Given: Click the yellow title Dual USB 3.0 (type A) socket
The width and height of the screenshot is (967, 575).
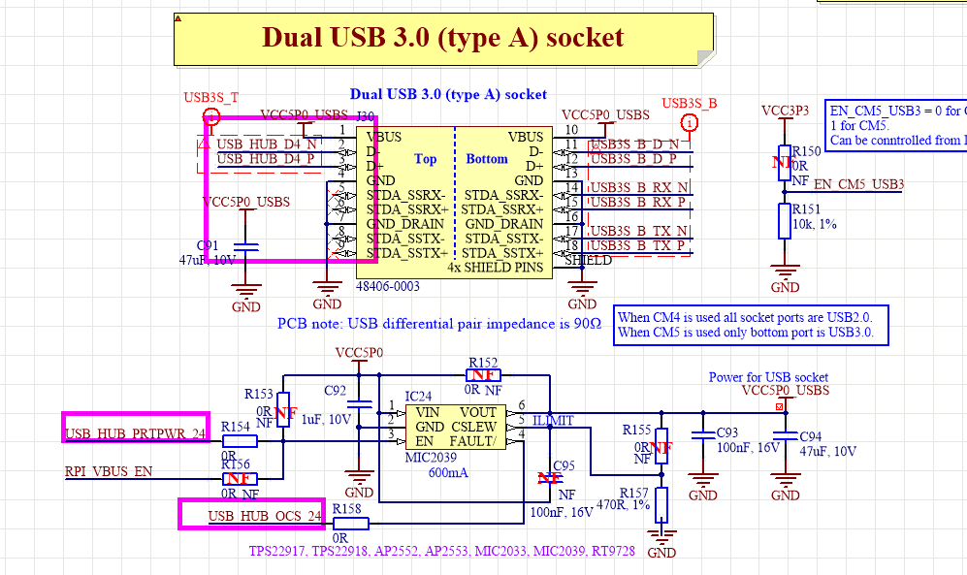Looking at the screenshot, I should click(442, 38).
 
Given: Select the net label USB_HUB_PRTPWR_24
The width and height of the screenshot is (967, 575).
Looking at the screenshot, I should click(136, 432).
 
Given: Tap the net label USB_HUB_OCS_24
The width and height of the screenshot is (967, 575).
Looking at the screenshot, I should click(264, 517).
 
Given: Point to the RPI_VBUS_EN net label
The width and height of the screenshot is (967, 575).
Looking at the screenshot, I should click(109, 472).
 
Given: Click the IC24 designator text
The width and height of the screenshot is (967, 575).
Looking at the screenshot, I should click(418, 397).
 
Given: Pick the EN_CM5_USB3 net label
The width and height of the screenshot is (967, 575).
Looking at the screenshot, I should click(858, 184).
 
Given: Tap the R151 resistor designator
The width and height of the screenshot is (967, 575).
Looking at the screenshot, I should click(806, 208).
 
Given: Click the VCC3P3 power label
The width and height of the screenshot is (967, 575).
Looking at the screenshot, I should click(785, 110).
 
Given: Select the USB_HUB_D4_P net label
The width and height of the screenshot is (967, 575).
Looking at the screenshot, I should click(266, 158).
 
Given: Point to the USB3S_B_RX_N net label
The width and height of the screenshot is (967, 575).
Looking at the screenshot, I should click(639, 187).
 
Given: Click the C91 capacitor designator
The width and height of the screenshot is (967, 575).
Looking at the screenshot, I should click(208, 246).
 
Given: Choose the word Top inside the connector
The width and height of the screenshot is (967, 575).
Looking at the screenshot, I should click(425, 159).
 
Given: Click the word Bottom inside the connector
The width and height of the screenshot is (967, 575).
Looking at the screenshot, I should click(487, 159).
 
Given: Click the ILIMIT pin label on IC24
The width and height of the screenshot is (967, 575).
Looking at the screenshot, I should click(552, 420).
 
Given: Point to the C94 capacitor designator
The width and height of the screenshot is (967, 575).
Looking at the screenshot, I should click(809, 436).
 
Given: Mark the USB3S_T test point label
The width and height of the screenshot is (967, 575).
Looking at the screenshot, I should click(210, 98).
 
